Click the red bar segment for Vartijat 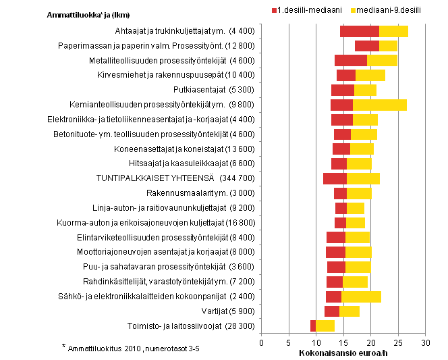(331, 311)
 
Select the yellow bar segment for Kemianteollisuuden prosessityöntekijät (380, 105)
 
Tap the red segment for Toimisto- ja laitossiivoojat (312, 326)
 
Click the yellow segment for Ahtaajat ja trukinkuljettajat (393, 31)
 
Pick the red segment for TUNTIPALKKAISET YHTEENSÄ (335, 178)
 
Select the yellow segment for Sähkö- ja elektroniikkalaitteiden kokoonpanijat (361, 297)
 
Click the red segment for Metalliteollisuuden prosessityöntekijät (350, 61)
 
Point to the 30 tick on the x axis (425, 342)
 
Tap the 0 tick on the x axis (262, 342)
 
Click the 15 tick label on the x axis (343, 342)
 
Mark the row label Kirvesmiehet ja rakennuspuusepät (176, 75)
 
